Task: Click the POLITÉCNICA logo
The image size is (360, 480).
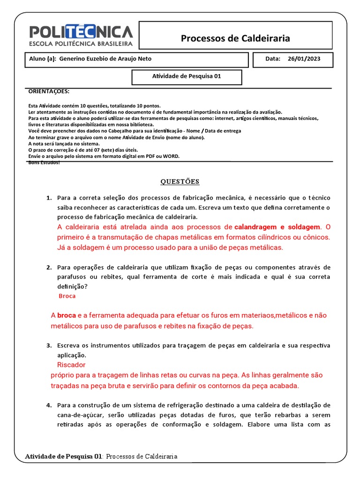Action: [81, 35]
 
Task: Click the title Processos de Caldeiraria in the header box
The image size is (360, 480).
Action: [235, 38]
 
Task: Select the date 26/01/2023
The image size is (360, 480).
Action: [305, 59]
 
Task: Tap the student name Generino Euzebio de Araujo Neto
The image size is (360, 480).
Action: [105, 59]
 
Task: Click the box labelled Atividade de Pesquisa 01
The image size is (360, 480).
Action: [187, 76]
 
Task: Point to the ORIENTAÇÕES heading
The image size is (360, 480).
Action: [49, 91]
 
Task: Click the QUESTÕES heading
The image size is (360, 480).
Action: [180, 181]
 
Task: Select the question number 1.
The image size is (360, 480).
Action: [49, 198]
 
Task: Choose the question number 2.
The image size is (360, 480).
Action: [49, 267]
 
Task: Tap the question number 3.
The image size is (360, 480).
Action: [49, 345]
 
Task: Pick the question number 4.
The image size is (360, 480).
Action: [49, 405]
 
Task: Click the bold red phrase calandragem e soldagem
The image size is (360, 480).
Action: [277, 227]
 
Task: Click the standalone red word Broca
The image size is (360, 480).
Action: [67, 296]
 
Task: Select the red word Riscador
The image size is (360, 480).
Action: [71, 365]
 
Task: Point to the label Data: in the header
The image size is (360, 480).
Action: [272, 59]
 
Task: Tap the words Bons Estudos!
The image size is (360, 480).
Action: [44, 162]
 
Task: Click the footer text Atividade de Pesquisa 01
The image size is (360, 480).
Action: [63, 456]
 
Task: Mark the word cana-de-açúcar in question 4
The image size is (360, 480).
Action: [82, 415]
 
